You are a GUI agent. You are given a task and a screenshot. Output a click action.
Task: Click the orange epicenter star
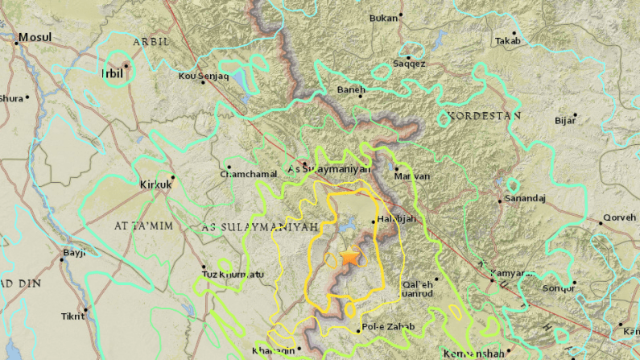(x=349, y=257)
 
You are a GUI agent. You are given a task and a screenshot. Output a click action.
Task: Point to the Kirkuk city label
(x=155, y=184)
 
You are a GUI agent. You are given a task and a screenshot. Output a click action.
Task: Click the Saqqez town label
(x=409, y=64)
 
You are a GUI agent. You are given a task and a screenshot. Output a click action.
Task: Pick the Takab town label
(x=508, y=41)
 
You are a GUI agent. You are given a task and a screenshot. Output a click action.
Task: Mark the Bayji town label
(x=73, y=253)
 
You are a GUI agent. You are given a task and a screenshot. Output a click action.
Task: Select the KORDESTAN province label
(x=485, y=116)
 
